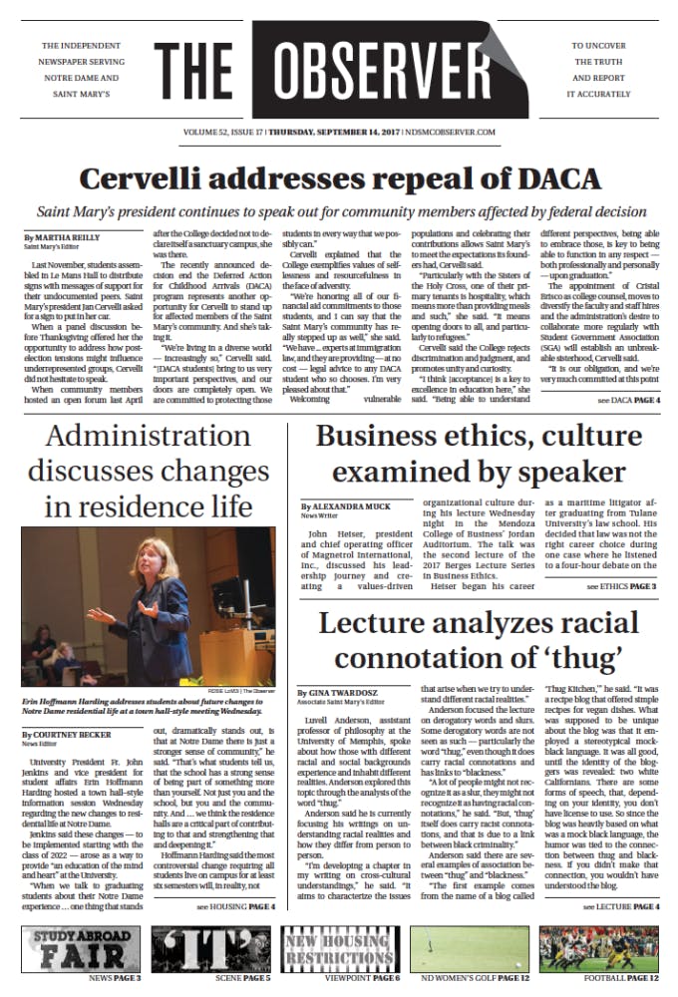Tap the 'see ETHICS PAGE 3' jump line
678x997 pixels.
[620, 586]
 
